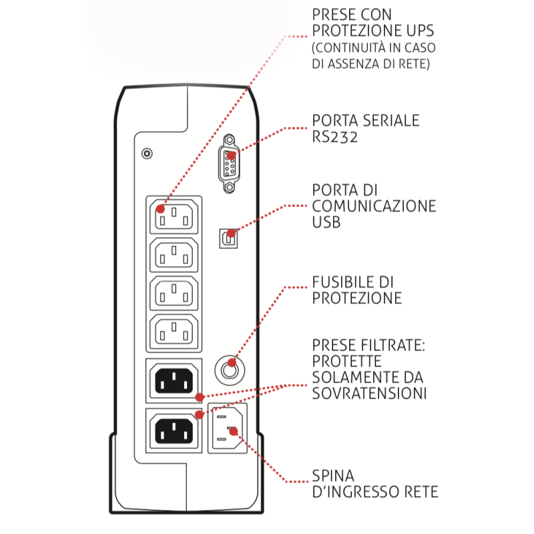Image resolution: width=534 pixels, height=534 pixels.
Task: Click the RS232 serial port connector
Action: point(230,163)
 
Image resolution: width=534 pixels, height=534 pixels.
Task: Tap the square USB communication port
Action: point(229,237)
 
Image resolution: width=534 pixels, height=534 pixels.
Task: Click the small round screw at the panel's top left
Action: point(148,153)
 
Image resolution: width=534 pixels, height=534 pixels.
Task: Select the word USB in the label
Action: point(326,222)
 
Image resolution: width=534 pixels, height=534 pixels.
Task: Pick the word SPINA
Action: point(333,476)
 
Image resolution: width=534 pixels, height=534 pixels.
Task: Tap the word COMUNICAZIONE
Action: point(374,206)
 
